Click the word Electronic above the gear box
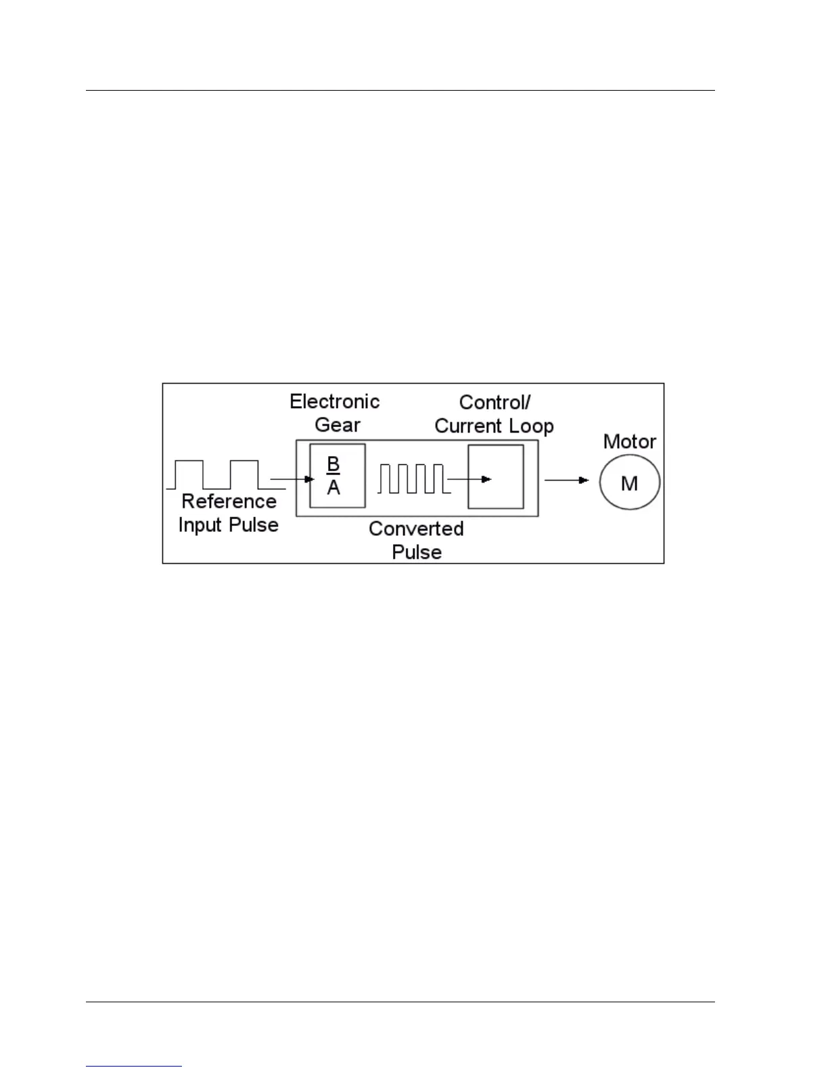[335, 401]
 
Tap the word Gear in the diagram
[338, 425]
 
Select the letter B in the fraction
[333, 464]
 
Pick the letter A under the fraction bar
[333, 487]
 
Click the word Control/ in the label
[495, 402]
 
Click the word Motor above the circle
[629, 442]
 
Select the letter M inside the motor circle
[629, 483]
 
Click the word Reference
[229, 501]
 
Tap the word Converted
[416, 529]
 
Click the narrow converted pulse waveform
[411, 478]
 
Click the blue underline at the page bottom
[134, 1066]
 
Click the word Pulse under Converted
[417, 552]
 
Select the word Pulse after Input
[254, 525]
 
